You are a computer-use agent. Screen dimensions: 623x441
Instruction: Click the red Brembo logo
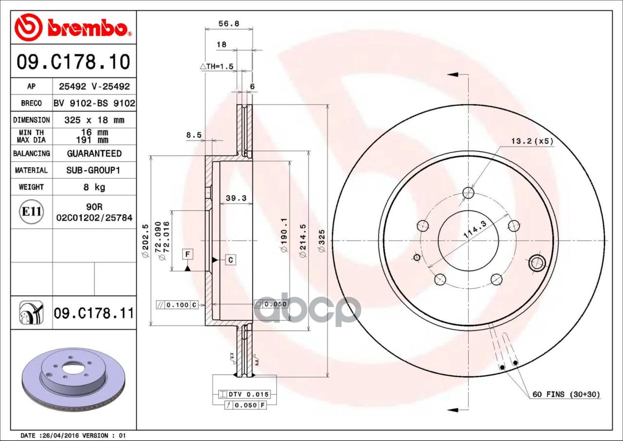click(x=73, y=27)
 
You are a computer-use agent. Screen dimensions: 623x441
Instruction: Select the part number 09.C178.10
click(x=73, y=62)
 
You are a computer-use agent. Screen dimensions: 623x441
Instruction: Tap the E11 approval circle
click(x=32, y=212)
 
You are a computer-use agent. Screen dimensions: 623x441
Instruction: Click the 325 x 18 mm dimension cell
click(x=94, y=120)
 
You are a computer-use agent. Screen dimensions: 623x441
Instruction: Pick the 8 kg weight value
click(x=94, y=187)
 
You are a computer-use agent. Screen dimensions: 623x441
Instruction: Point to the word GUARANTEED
click(x=94, y=153)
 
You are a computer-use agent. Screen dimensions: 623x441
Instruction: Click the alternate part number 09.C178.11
click(x=94, y=313)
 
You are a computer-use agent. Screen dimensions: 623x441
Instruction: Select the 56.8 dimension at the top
click(x=229, y=24)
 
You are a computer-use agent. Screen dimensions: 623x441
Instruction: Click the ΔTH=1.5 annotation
click(x=217, y=67)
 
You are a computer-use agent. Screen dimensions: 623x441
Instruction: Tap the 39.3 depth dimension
click(x=236, y=198)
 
